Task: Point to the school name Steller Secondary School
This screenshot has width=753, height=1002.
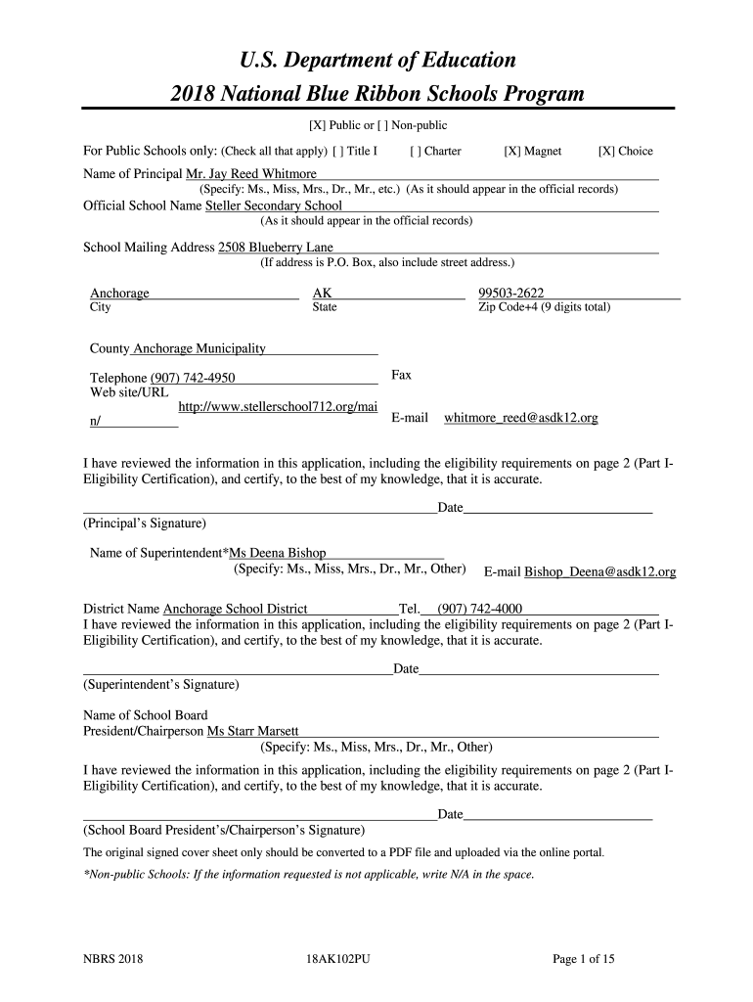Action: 273,206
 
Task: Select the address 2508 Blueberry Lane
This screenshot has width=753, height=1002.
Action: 275,248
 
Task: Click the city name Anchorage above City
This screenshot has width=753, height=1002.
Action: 119,294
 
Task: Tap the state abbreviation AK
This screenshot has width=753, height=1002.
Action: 322,294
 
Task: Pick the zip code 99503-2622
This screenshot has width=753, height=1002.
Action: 510,294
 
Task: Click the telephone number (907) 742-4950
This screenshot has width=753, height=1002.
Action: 192,379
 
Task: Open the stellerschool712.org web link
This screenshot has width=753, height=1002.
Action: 278,406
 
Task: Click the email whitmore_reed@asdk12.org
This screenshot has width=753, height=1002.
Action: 521,418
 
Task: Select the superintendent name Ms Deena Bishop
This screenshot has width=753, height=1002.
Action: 278,553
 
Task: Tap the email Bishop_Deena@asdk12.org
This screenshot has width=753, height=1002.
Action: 600,571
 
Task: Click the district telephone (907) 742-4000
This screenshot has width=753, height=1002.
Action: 479,608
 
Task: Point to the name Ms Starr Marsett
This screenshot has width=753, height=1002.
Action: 252,731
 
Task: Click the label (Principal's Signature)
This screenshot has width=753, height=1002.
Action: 145,524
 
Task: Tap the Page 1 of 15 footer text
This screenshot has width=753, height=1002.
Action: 583,959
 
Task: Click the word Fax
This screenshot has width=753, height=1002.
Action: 401,375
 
